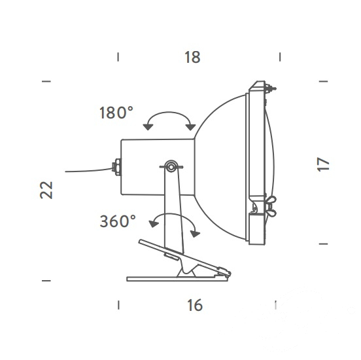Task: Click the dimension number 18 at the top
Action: coord(192,57)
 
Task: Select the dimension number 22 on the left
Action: coord(46,190)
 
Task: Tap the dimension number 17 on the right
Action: coord(323,164)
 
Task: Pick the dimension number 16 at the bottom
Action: coord(195,305)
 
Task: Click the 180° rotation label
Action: coord(116,113)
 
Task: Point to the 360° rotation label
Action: coord(118,221)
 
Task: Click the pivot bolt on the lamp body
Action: coord(171,166)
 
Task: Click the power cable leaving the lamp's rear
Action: coord(89,171)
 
